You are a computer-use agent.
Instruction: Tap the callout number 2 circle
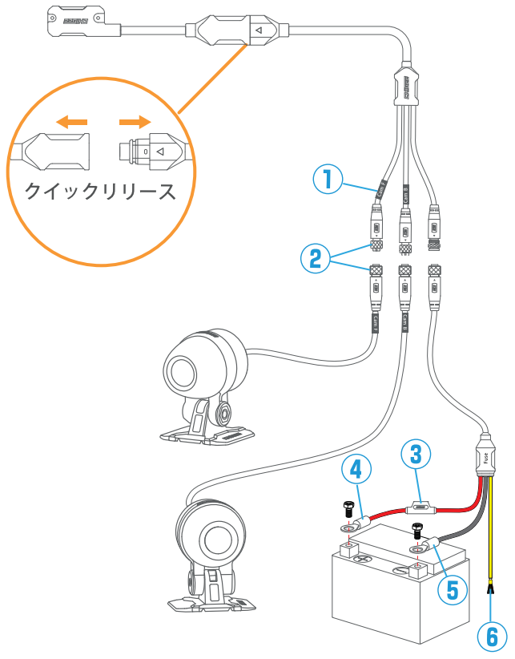(x=315, y=257)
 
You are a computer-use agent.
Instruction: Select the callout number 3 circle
(x=416, y=454)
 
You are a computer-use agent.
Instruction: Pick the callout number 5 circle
(x=453, y=589)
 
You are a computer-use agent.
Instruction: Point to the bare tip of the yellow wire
(x=490, y=593)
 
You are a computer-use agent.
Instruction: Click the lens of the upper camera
(x=182, y=370)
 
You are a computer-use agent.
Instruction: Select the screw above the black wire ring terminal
(x=416, y=529)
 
